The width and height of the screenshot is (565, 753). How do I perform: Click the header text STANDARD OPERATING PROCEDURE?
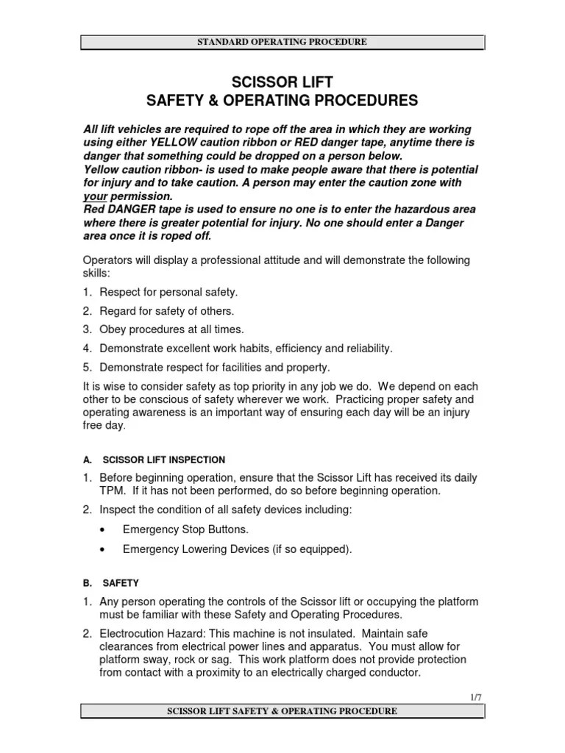click(282, 42)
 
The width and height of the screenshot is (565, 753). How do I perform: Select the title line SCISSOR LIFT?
click(282, 82)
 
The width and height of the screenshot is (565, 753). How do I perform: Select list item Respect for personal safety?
click(168, 291)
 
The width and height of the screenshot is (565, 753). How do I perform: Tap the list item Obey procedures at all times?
click(171, 329)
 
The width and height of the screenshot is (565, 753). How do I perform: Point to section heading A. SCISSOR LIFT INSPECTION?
click(154, 460)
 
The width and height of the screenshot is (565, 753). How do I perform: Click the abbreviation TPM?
click(112, 490)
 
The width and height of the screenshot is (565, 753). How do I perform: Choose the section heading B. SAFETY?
click(111, 582)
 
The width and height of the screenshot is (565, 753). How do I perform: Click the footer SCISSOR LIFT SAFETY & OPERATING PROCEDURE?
click(282, 711)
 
